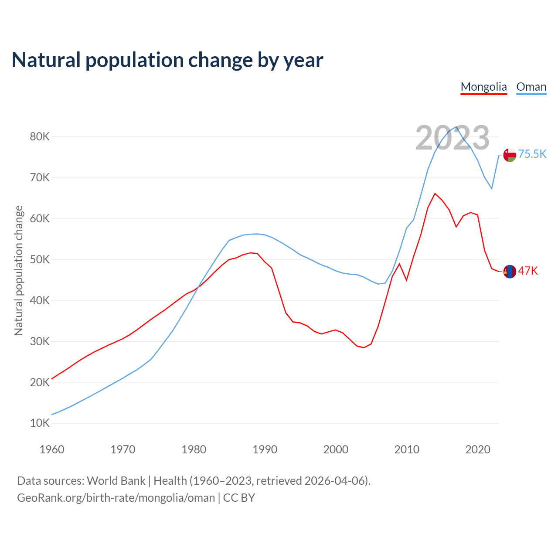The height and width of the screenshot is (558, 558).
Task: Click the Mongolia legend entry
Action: click(x=483, y=87)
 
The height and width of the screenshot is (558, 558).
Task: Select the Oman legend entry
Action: click(x=531, y=87)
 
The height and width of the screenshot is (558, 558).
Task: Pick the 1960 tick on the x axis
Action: click(x=52, y=449)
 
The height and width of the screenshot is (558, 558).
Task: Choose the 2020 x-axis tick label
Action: click(x=478, y=449)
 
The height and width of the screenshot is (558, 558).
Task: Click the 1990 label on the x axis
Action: click(x=265, y=449)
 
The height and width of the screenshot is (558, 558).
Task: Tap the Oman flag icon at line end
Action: click(x=510, y=155)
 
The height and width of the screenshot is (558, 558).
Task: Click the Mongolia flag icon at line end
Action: click(x=510, y=272)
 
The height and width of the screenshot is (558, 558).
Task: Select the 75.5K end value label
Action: click(x=532, y=154)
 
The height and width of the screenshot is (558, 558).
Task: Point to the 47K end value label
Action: click(x=528, y=271)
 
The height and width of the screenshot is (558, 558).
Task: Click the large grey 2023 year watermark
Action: click(x=453, y=138)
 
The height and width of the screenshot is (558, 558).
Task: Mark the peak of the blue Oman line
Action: click(x=456, y=127)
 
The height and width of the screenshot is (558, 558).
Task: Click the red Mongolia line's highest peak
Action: click(x=435, y=194)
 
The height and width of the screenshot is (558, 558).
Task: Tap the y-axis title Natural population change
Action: click(x=18, y=271)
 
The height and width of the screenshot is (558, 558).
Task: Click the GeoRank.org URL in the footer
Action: click(x=116, y=498)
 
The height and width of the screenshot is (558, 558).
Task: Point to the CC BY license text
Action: click(x=239, y=498)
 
